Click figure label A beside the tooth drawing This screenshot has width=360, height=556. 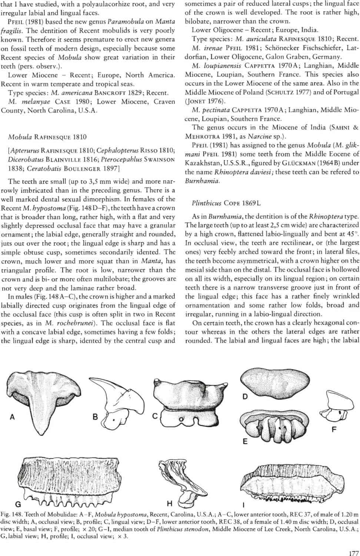click(x=12, y=417)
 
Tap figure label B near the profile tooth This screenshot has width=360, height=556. click(x=95, y=417)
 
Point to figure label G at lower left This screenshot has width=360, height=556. click(x=17, y=504)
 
